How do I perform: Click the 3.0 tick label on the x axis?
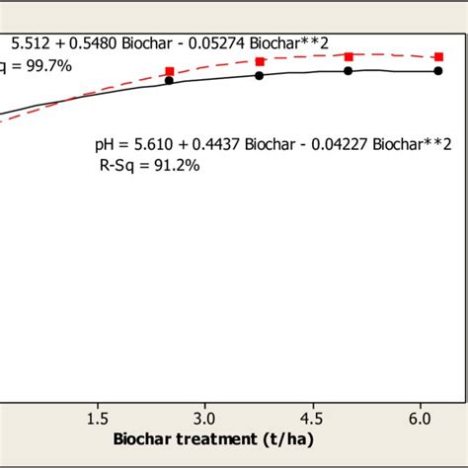[204, 418]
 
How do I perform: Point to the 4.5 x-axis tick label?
[312, 418]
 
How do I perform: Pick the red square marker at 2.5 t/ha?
[170, 71]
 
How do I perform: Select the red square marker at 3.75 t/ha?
[260, 61]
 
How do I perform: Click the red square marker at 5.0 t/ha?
[349, 56]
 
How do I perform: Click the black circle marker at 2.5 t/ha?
[170, 81]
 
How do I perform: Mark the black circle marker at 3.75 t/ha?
[260, 75]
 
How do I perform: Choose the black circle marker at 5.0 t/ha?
[349, 71]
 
